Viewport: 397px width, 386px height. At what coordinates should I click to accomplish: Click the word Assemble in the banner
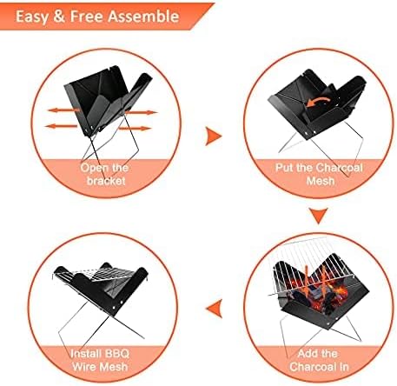(x=143, y=17)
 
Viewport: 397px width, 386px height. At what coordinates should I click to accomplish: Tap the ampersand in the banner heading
(x=59, y=17)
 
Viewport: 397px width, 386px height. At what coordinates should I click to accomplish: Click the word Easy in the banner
(x=32, y=17)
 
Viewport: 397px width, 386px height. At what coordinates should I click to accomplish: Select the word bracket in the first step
(x=106, y=181)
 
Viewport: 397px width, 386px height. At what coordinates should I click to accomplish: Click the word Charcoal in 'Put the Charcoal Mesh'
(x=339, y=168)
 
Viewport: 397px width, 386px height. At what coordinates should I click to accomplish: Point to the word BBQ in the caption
(x=117, y=354)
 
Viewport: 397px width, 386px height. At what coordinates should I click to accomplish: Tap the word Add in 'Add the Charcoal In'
(x=307, y=354)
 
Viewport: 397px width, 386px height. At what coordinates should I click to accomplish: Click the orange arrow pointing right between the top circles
(x=214, y=136)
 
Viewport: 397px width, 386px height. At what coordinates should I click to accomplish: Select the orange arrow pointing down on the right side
(x=319, y=216)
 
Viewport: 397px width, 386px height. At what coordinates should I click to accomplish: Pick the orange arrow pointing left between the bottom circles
(x=215, y=309)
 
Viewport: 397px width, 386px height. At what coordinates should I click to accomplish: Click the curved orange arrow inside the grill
(x=317, y=102)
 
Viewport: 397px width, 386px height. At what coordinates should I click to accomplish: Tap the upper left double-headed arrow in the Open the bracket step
(x=64, y=110)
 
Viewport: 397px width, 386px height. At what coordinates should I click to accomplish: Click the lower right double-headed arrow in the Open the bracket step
(x=135, y=128)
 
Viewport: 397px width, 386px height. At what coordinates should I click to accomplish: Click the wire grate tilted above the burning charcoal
(x=313, y=265)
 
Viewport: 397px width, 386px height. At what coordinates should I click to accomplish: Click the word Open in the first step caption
(x=92, y=168)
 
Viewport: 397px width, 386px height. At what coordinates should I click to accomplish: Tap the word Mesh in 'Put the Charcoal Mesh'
(x=321, y=181)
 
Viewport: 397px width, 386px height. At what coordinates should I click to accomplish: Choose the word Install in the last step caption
(x=86, y=354)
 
